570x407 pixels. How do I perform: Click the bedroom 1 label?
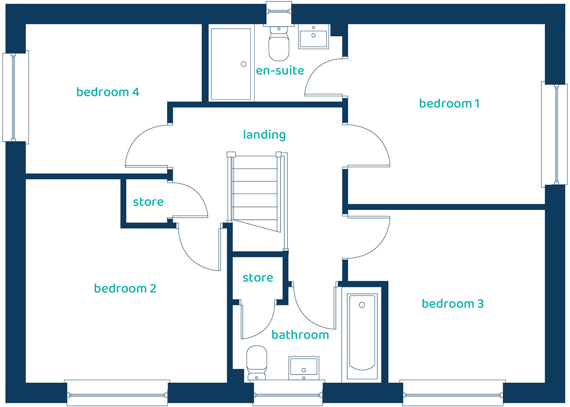[x=449, y=103]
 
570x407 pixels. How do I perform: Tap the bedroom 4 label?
[x=108, y=92]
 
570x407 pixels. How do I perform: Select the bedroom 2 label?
[x=125, y=288]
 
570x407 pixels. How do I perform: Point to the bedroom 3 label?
[x=453, y=304]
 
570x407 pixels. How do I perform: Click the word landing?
[x=264, y=135]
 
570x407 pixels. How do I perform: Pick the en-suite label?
[x=280, y=70]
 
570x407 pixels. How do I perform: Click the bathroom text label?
[x=300, y=335]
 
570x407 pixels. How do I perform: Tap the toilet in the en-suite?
[x=279, y=44]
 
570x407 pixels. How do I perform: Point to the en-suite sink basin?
[x=313, y=38]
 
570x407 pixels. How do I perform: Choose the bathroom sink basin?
[x=304, y=368]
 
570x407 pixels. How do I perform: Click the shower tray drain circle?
[x=243, y=64]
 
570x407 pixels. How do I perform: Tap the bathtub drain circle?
[x=362, y=305]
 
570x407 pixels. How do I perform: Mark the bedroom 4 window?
[x=16, y=97]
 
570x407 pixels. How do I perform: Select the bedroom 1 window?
[x=554, y=135]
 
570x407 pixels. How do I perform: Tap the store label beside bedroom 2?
[x=148, y=202]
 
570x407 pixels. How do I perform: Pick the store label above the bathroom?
[x=258, y=278]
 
